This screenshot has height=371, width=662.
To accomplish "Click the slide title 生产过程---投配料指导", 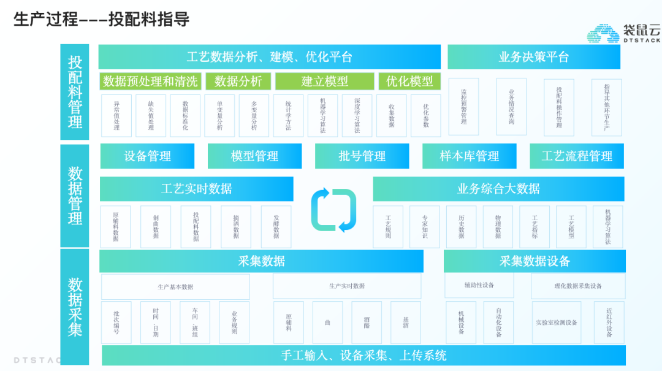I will coord(101,19).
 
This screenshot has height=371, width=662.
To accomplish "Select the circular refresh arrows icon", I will coord(333,210).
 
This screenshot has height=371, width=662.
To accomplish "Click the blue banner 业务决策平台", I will coord(533,57).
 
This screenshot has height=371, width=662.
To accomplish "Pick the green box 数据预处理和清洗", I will coord(150,81).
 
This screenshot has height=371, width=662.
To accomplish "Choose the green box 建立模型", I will coord(324,81).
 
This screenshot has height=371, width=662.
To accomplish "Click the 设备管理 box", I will coord(147,156).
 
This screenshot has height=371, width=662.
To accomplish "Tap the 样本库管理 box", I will coord(470,156).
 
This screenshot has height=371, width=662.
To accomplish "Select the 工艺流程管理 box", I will coord(577,156).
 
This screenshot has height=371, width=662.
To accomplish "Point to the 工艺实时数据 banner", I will coord(196,189).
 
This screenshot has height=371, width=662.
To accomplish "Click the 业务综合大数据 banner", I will coord(498,189).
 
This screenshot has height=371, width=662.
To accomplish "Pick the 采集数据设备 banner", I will coord(535,261).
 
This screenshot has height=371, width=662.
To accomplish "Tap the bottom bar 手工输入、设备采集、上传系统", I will coord(363,355).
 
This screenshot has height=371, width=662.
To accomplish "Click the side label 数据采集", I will coord(75,307).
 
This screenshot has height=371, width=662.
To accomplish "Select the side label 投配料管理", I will coord(75,92).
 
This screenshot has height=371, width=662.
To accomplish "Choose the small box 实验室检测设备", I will coord(557,322).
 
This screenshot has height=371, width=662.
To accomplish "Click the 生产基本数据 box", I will coord(175,286).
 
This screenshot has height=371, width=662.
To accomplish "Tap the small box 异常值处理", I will coord(116,115).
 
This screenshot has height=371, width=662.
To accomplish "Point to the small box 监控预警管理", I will coord(463,106).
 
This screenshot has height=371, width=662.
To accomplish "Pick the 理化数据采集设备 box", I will coord(578,286).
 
